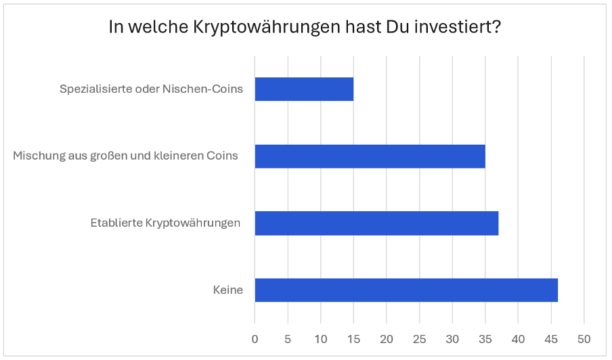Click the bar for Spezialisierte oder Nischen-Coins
(x=304, y=89)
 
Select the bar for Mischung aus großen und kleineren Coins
(x=370, y=156)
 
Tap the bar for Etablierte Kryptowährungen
(x=376, y=223)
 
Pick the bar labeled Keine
(x=406, y=290)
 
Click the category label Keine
(x=227, y=290)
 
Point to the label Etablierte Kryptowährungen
(x=165, y=223)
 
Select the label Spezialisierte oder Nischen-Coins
(x=151, y=89)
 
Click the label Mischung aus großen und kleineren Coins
(x=126, y=156)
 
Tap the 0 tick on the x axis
(x=255, y=338)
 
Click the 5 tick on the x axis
(x=288, y=338)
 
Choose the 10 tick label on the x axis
(x=321, y=338)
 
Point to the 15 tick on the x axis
(x=353, y=338)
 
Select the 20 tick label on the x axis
(x=387, y=338)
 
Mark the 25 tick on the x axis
(x=420, y=338)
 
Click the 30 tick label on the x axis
(x=452, y=338)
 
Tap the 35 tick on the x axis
(x=485, y=338)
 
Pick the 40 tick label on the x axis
(x=519, y=338)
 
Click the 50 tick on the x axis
(x=584, y=338)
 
